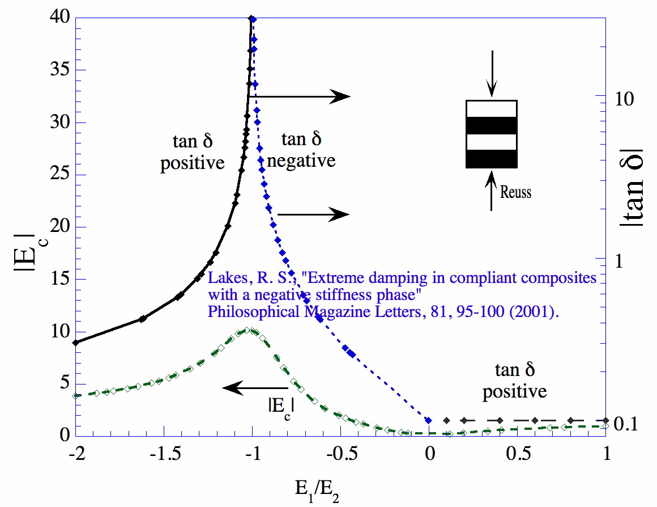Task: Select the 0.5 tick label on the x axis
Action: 518,455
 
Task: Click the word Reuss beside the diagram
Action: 515,192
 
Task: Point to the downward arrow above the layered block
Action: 492,74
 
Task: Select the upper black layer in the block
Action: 492,125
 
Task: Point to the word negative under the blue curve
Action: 301,161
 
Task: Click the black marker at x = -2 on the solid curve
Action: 75,342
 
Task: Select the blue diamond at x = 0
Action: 429,420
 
